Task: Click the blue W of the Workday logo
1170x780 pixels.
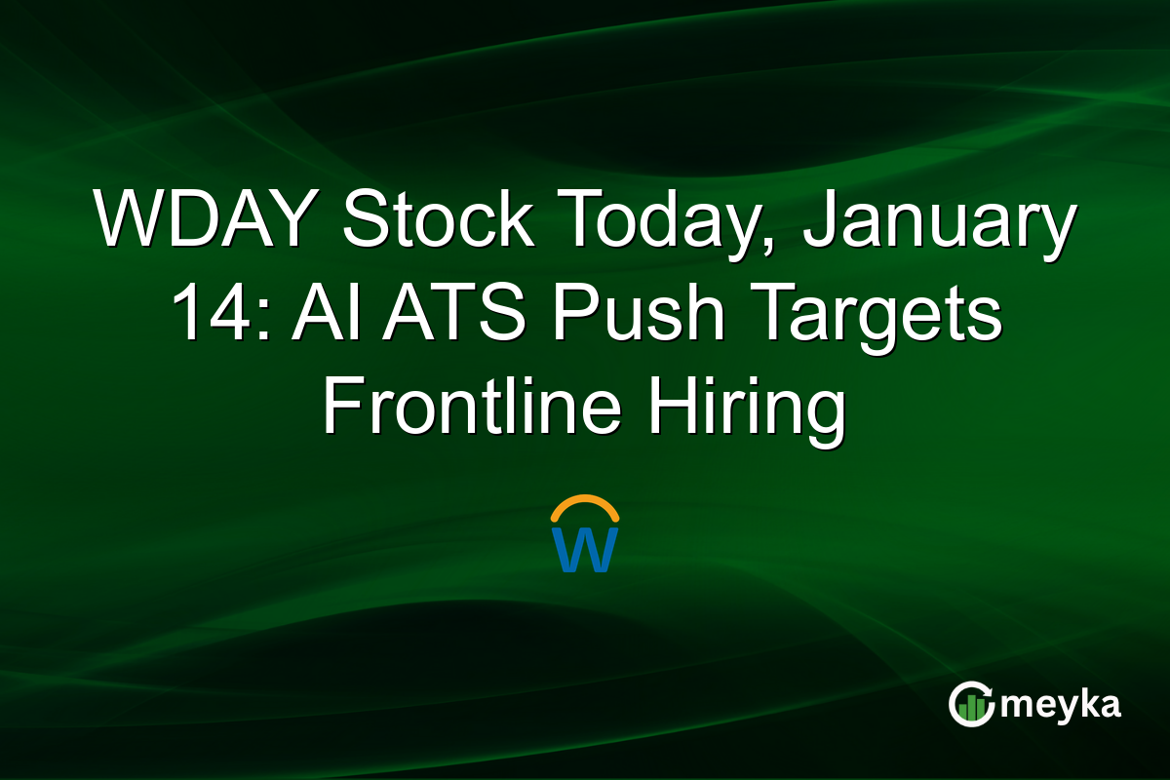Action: (585, 549)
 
